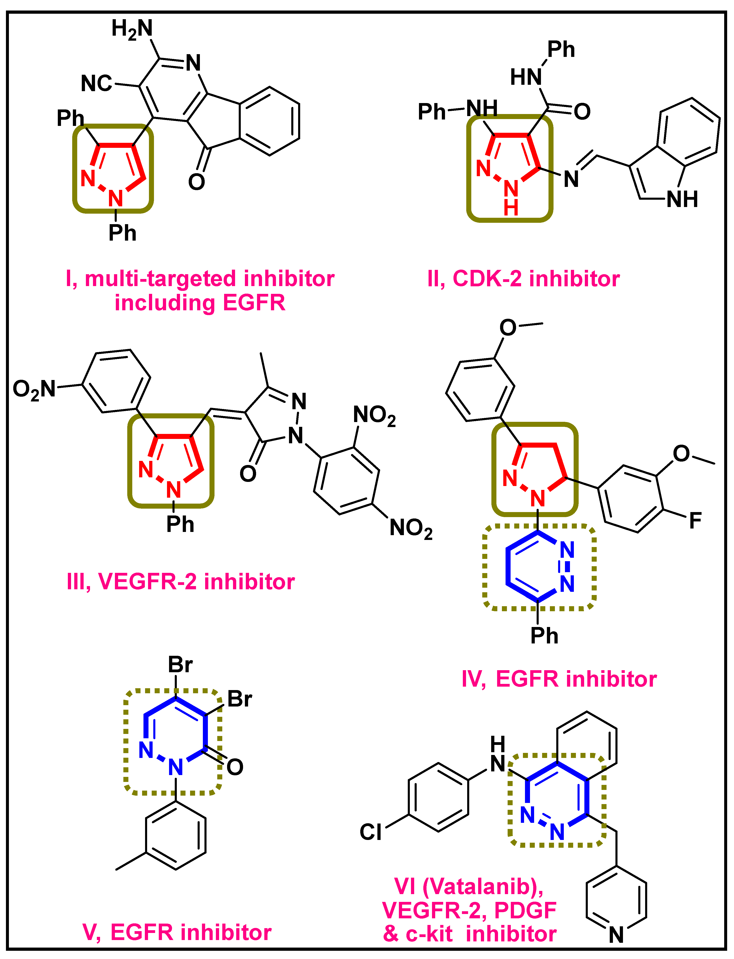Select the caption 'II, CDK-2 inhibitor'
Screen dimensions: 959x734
click(x=523, y=279)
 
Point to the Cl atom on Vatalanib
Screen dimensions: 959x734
click(x=371, y=832)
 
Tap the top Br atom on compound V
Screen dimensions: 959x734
click(x=180, y=665)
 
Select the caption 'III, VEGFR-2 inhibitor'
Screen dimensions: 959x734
click(x=180, y=582)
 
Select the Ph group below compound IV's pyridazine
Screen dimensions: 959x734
click(x=544, y=636)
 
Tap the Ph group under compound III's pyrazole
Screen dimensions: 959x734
click(x=180, y=524)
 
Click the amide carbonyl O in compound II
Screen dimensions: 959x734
click(x=582, y=112)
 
